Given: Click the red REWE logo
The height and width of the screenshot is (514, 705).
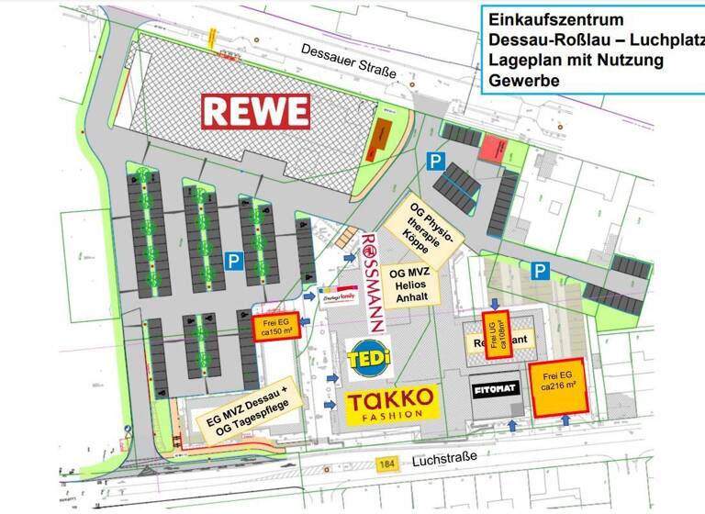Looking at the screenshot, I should click(x=256, y=111).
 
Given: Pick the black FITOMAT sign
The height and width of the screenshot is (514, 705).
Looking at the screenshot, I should click(x=495, y=389).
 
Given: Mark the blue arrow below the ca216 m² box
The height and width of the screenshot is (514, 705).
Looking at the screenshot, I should click(x=564, y=420).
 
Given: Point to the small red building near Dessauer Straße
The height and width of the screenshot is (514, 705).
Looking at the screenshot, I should click(x=494, y=147).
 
